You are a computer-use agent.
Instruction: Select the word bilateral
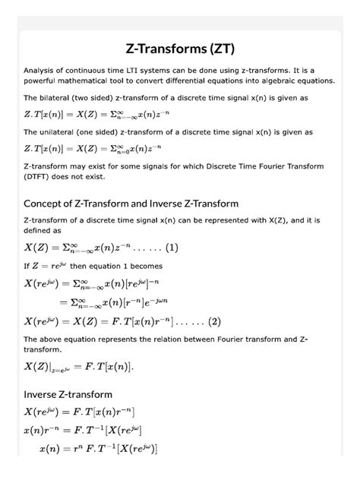pos(58,98)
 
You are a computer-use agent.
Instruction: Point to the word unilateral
pos(61,131)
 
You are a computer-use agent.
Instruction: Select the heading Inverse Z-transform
pos(68,394)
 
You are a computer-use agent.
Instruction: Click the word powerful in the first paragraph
pos(46,81)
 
